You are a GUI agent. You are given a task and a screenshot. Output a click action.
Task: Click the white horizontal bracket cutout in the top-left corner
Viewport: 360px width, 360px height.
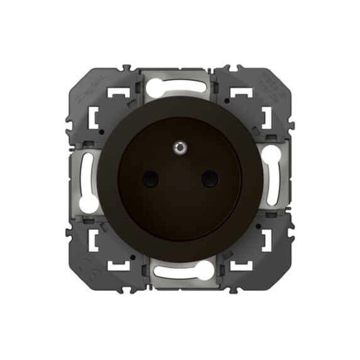point(114,94)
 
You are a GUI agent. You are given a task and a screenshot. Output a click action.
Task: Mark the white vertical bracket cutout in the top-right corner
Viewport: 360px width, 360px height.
point(265,117)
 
